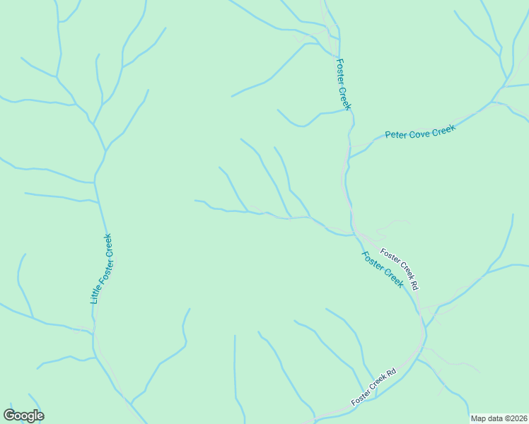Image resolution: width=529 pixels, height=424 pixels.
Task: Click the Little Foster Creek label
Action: click(101, 269)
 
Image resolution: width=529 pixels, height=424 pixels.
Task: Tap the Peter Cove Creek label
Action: click(420, 132)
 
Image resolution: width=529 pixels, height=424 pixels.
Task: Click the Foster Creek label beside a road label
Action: click(383, 269)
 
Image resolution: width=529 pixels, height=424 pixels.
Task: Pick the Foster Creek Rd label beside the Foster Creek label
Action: click(400, 269)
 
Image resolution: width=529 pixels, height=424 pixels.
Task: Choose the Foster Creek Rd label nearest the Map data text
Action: click(374, 387)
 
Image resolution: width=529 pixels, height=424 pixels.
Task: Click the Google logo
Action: click(23, 416)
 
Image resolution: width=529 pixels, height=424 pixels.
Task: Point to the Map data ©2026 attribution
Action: click(499, 418)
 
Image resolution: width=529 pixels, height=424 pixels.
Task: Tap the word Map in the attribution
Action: click(478, 418)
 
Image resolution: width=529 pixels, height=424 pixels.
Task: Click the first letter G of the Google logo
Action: click(9, 416)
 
